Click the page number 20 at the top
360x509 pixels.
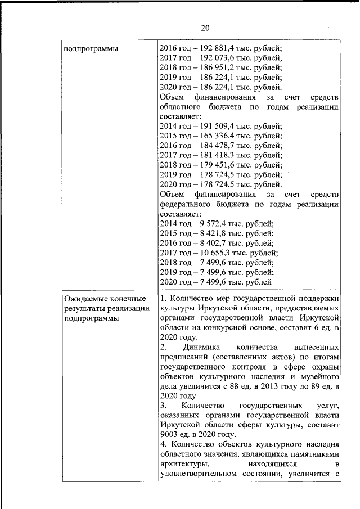click(204, 28)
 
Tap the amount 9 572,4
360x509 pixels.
click(206, 224)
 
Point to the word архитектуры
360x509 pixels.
click(185, 464)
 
